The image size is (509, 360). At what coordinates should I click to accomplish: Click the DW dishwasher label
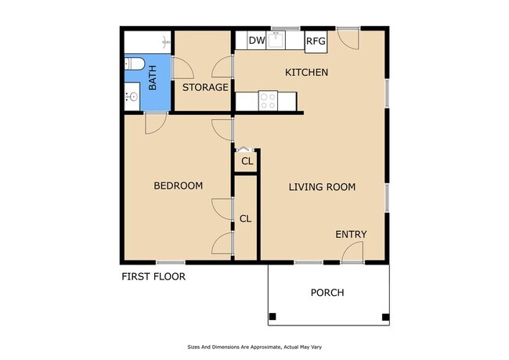(x=256, y=41)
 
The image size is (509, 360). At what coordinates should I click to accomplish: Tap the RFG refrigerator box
(x=316, y=41)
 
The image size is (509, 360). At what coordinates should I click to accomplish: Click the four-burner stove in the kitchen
(x=268, y=100)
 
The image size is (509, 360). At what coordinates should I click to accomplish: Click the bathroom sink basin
(x=132, y=97)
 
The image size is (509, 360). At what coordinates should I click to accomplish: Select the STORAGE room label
(x=205, y=87)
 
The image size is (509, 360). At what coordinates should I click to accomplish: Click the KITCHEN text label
(x=305, y=73)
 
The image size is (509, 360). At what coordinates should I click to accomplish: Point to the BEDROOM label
(x=178, y=185)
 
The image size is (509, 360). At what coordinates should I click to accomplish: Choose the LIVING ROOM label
(x=322, y=187)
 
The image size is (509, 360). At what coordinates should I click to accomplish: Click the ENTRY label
(x=351, y=235)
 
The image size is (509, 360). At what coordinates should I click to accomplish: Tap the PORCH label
(x=327, y=293)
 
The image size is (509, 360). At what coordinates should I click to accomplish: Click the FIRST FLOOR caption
(x=153, y=276)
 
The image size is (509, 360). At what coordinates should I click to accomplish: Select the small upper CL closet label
(x=247, y=161)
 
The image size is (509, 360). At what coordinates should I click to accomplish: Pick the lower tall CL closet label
(x=246, y=218)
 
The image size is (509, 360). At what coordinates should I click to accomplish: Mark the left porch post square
(x=273, y=317)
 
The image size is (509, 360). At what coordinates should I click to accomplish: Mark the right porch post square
(x=384, y=317)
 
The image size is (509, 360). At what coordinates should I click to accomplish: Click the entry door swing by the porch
(x=353, y=252)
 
